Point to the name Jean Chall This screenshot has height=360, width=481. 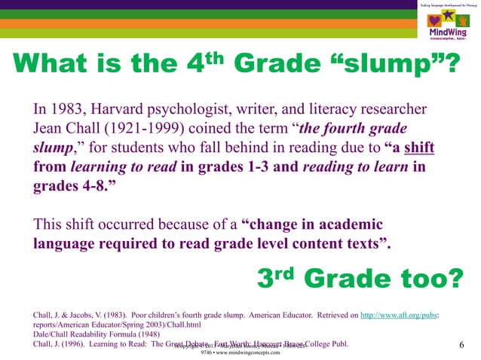pos(68,126)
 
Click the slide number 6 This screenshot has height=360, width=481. pos(460,345)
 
